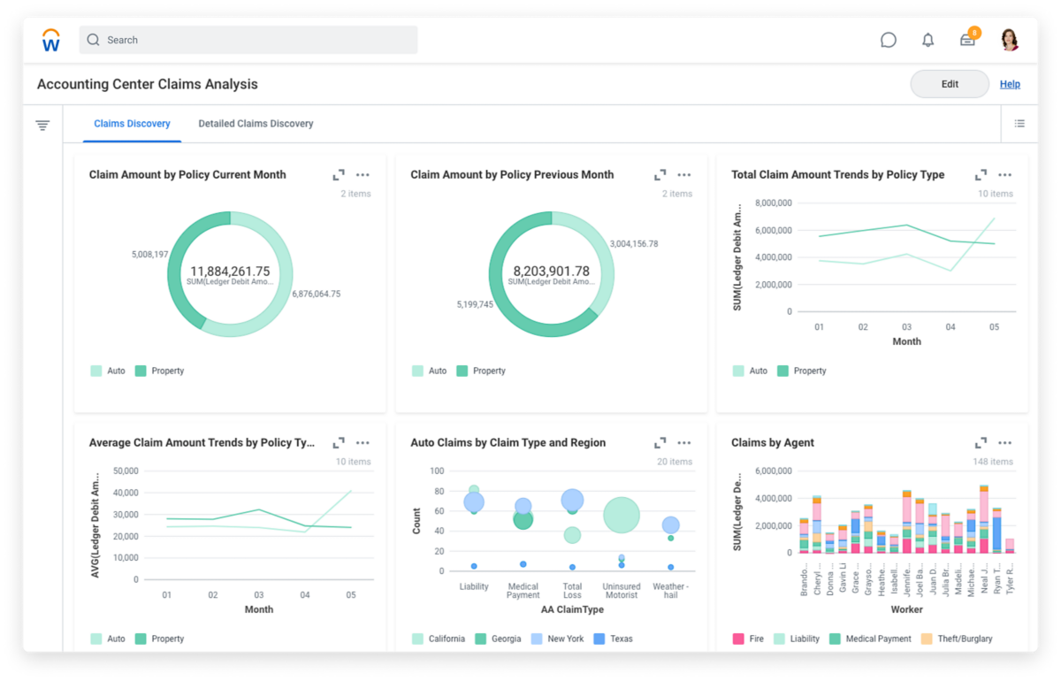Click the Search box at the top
248,40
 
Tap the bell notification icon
927,40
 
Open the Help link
1010,84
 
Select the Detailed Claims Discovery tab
256,124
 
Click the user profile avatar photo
1009,40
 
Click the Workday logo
51,40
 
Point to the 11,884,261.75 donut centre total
230,272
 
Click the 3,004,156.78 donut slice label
633,244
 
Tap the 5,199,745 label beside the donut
475,304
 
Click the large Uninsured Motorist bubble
622,515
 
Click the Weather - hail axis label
669,591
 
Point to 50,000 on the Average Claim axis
126,471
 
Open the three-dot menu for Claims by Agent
1004,442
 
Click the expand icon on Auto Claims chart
660,442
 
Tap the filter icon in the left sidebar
42,126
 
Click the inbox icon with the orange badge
967,40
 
